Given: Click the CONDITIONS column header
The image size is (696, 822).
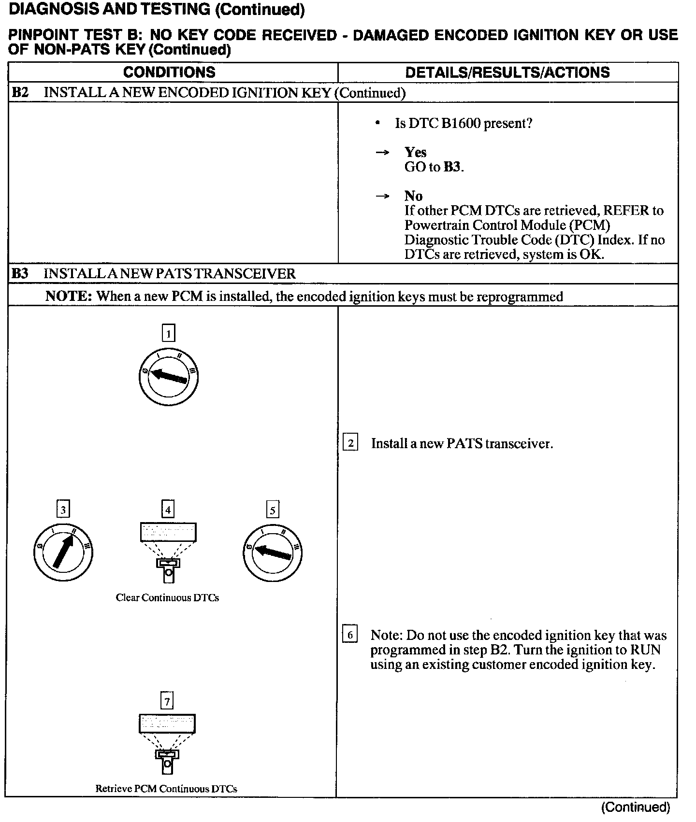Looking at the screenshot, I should point(169,72).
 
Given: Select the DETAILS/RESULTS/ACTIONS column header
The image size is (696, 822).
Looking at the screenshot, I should point(507,72).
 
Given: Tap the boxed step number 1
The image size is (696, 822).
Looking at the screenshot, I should point(168,333).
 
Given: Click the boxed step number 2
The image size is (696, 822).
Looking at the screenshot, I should point(350,443).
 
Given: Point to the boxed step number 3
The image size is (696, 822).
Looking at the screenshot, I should point(63,509).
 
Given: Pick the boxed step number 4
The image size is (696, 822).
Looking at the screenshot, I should point(168,509).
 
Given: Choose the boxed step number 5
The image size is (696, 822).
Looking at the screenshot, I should point(273,510).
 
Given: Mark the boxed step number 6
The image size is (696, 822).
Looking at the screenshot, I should point(350,635).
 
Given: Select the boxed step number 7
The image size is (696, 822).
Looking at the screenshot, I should point(167,701).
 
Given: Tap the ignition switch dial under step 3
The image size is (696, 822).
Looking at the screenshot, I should point(63,552).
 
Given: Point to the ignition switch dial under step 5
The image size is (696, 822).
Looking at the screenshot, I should point(273,553).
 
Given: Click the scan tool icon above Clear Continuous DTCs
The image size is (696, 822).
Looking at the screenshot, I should point(168,551).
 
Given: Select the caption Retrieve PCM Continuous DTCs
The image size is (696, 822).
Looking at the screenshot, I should point(166,789).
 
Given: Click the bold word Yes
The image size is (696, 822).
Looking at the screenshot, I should point(415,152).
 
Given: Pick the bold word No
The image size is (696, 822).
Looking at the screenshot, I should point(413,196).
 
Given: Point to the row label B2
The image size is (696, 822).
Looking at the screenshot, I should point(20,93).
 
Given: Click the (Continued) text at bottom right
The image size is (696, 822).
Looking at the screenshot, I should point(636,807).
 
